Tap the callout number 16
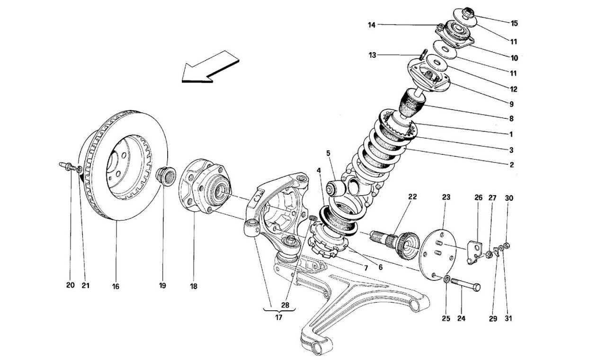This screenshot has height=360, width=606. pyautogui.click(x=116, y=286)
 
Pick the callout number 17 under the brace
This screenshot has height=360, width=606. pyautogui.click(x=278, y=318)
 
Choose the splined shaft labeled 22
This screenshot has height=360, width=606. pyautogui.click(x=395, y=240)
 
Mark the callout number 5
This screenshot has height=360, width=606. pyautogui.click(x=328, y=153)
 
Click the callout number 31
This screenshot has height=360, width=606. pyautogui.click(x=508, y=318)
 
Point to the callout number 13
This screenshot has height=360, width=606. pyautogui.click(x=373, y=55)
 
